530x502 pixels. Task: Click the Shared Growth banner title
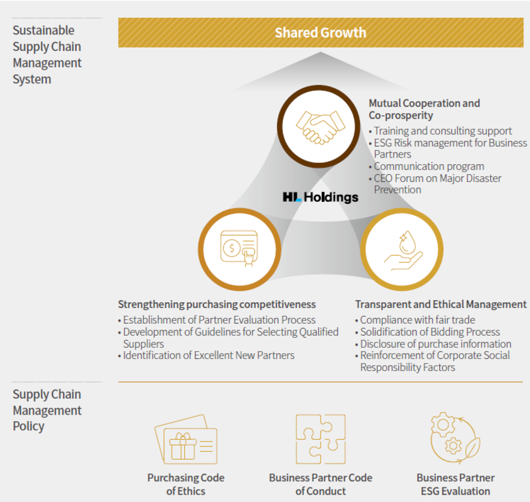[321, 32]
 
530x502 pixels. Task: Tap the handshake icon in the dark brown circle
[321, 127]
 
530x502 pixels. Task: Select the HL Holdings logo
[321, 197]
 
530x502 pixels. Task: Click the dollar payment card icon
[239, 248]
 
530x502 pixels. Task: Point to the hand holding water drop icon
[403, 250]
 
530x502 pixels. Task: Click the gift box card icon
[186, 439]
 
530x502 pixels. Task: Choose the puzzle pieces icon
[321, 439]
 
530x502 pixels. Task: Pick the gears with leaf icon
[455, 438]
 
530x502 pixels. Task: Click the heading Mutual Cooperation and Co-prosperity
[424, 109]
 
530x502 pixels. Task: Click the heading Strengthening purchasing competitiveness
[217, 305]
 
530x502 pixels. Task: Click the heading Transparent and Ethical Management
[441, 305]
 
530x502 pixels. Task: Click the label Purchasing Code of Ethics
[186, 484]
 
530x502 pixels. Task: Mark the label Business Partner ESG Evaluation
[456, 484]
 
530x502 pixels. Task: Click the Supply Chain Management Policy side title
[47, 410]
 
